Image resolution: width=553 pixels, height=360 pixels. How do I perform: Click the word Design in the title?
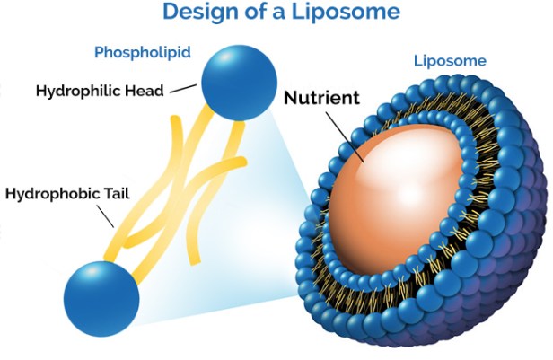(202, 13)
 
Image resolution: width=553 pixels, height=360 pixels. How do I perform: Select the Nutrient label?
(321, 96)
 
